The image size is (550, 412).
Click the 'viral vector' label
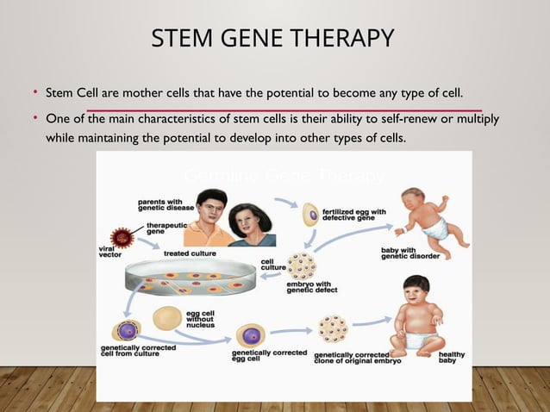click(x=109, y=253)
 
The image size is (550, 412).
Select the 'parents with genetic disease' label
click(x=164, y=206)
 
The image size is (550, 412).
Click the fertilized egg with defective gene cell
click(x=309, y=209)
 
